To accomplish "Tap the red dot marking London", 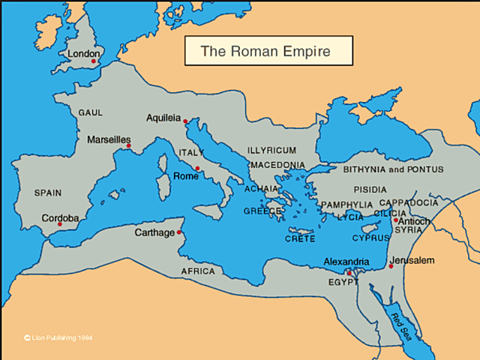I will (x=94, y=61).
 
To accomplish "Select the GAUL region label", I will (x=90, y=112).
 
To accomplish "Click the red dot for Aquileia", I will (x=185, y=120).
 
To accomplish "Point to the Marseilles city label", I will (x=109, y=139).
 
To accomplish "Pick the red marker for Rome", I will (x=197, y=168).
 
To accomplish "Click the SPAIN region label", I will (x=48, y=193).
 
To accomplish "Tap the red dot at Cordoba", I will (x=59, y=224).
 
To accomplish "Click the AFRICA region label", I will (x=198, y=271).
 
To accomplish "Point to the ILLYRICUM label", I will (x=271, y=150).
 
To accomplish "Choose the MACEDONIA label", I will (x=278, y=164).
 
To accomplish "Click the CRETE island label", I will (x=300, y=238).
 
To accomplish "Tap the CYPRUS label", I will (x=371, y=238).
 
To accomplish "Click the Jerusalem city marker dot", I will (x=391, y=266).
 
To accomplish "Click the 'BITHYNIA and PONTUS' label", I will (x=394, y=169).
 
